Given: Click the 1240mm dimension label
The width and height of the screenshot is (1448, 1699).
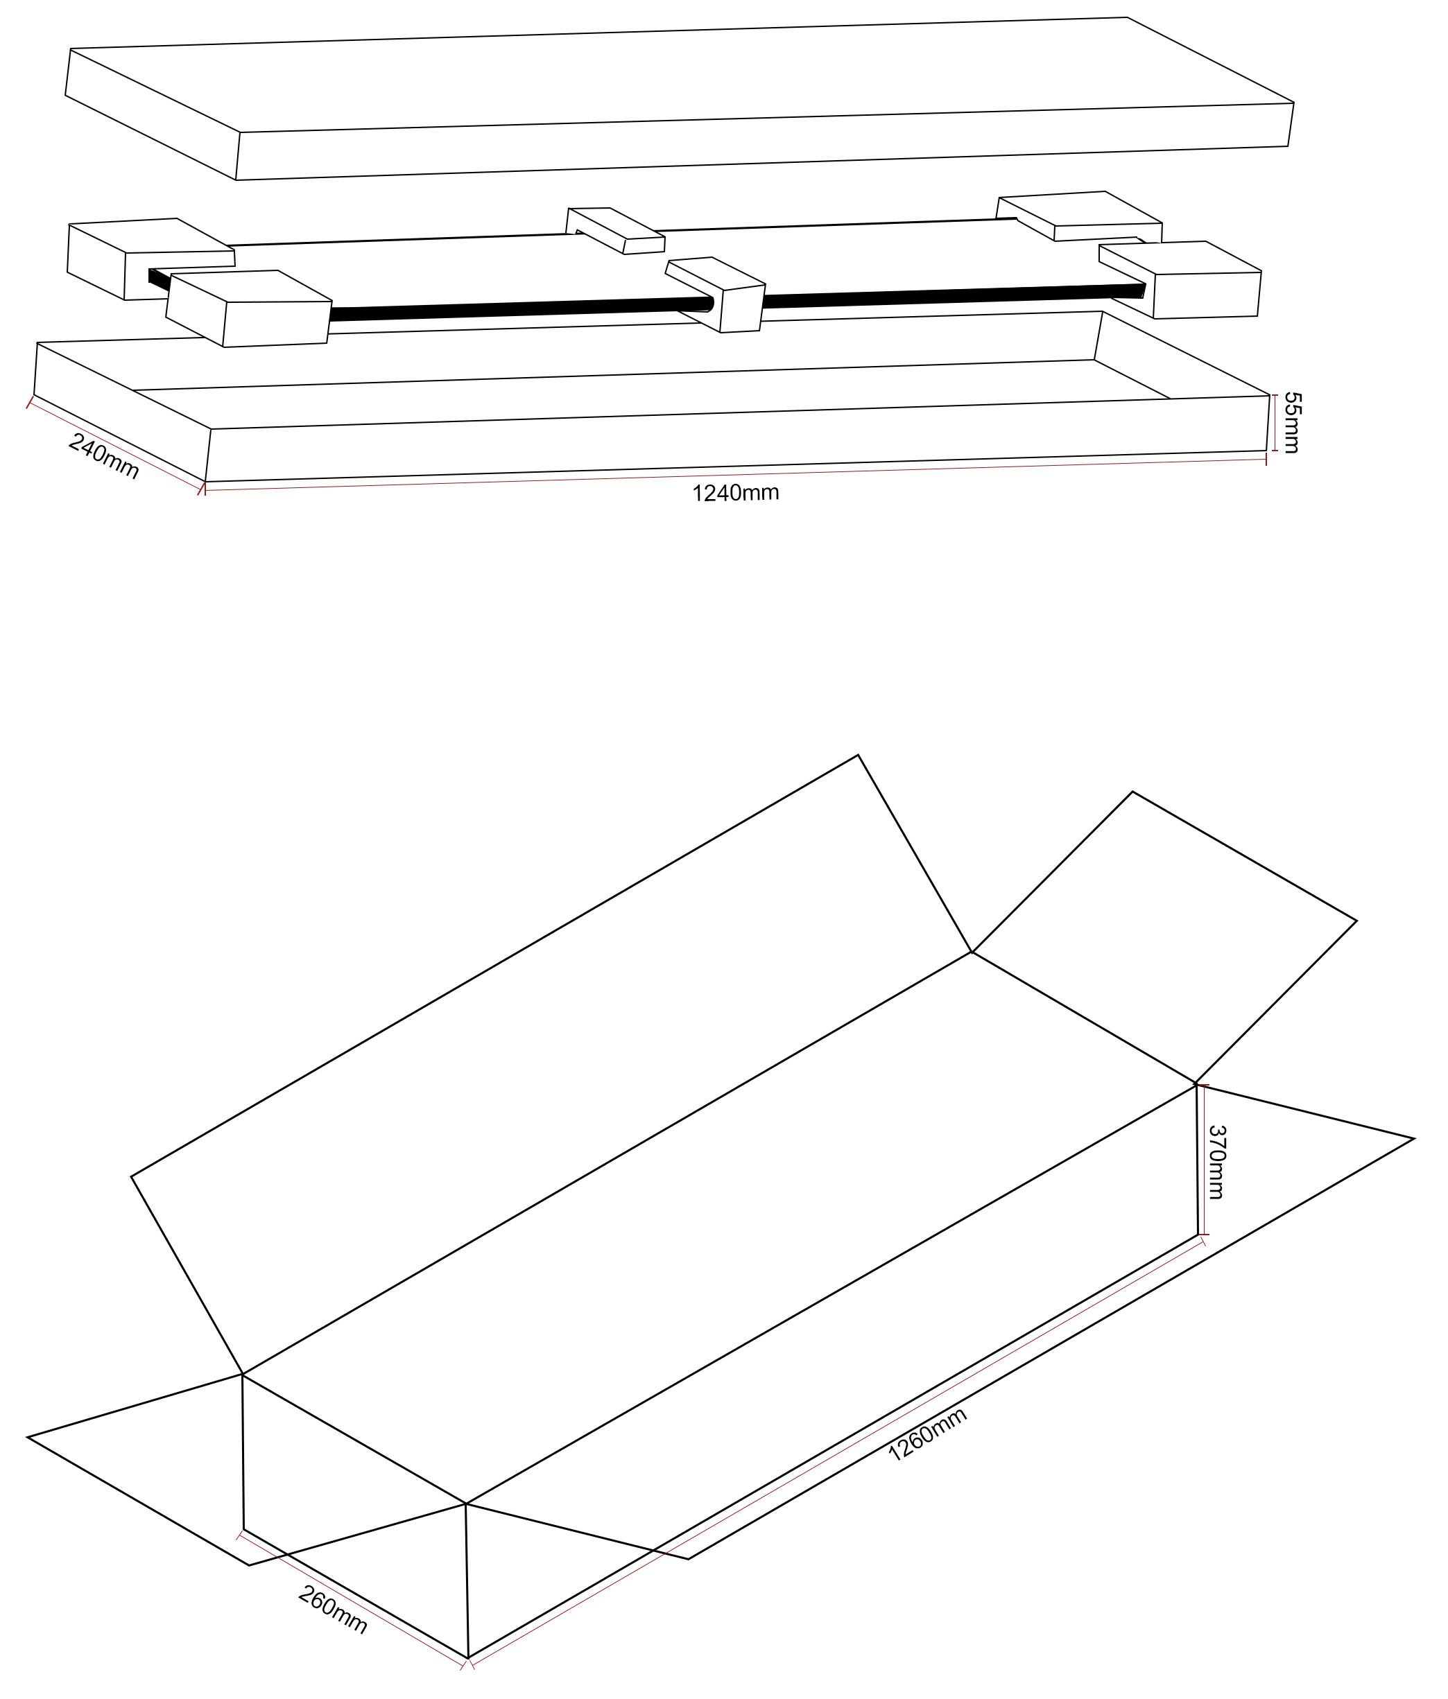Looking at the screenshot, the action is click(x=735, y=493).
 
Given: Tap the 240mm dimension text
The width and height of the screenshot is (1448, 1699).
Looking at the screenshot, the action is click(x=103, y=456).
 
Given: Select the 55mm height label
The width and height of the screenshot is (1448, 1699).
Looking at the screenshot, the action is click(x=1292, y=423).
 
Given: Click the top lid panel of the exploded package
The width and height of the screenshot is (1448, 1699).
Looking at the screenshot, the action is click(x=680, y=98).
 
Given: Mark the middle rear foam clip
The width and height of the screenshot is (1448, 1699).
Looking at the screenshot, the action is click(x=615, y=230).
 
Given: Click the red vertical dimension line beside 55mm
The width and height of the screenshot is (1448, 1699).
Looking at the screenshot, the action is click(x=1275, y=423).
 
